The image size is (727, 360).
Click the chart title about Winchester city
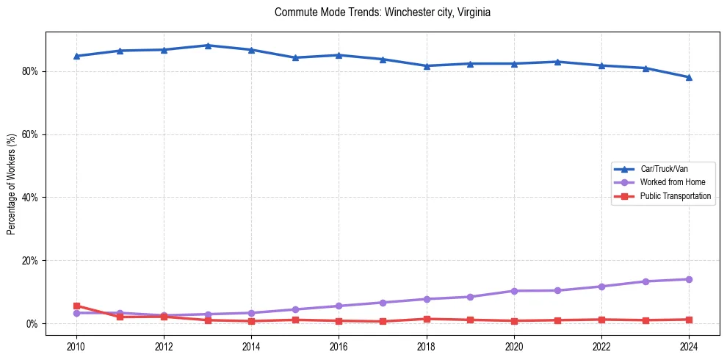382,12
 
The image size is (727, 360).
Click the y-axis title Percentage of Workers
12,184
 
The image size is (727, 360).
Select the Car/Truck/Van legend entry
664,169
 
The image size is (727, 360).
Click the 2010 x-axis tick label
76,346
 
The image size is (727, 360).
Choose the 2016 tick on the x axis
339,346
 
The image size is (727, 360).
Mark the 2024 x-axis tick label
689,346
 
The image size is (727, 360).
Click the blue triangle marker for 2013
208,46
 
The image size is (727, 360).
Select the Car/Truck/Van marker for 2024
689,77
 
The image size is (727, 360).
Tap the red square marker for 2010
76,306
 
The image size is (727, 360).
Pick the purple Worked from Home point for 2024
689,279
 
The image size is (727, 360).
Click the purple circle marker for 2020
514,291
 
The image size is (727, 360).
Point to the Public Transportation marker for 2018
427,319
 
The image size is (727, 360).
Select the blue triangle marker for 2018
427,66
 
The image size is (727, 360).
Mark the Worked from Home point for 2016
339,306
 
